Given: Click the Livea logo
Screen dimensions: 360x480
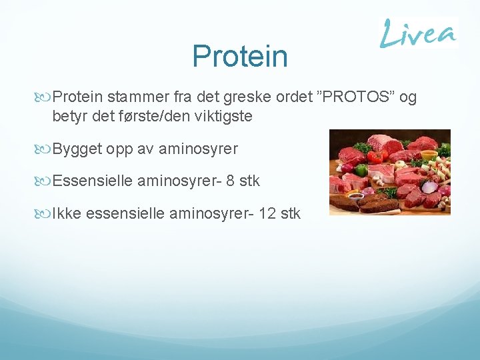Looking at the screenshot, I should (418, 33).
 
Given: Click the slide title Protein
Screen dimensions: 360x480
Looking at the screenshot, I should (240, 57).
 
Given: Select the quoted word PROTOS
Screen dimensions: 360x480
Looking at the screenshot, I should (357, 98).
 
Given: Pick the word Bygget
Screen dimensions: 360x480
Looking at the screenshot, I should (77, 149).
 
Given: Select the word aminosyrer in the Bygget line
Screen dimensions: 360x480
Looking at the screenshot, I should (197, 149).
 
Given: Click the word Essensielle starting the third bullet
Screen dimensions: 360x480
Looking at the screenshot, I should (93, 181).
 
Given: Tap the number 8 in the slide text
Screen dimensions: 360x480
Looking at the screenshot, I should (231, 181).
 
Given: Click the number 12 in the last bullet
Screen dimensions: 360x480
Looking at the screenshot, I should (269, 213).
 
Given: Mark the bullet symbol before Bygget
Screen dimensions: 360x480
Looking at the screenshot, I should (46, 149).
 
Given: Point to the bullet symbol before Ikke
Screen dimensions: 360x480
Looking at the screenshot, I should (46, 213).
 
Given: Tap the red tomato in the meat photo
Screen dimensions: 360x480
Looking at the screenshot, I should (375, 157).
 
